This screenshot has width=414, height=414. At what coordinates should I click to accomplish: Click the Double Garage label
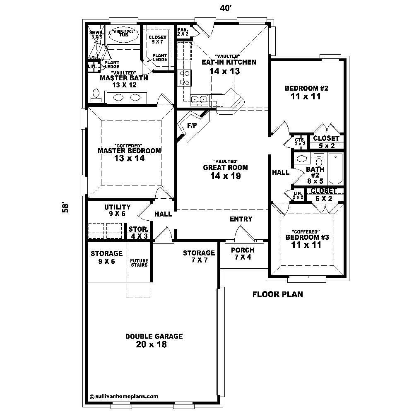pyautogui.click(x=154, y=340)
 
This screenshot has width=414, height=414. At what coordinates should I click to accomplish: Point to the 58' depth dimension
pyautogui.click(x=65, y=207)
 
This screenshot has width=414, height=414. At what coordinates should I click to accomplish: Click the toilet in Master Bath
pyautogui.click(x=96, y=95)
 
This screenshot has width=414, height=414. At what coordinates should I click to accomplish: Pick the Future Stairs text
pyautogui.click(x=139, y=263)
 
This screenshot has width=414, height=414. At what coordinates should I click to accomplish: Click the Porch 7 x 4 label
pyautogui.click(x=243, y=253)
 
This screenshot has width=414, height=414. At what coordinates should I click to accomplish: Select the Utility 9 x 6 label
pyautogui.click(x=118, y=210)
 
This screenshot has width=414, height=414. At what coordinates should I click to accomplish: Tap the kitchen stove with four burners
pyautogui.click(x=184, y=77)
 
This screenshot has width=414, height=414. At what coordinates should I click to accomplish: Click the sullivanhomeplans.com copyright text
pyautogui.click(x=124, y=396)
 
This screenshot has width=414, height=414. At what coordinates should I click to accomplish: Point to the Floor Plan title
pyautogui.click(x=278, y=295)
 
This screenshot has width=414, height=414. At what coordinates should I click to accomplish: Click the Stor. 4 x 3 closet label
pyautogui.click(x=139, y=232)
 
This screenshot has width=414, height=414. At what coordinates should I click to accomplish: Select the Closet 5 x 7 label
pyautogui.click(x=157, y=39)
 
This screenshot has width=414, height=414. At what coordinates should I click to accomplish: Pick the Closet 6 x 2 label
pyautogui.click(x=324, y=195)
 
